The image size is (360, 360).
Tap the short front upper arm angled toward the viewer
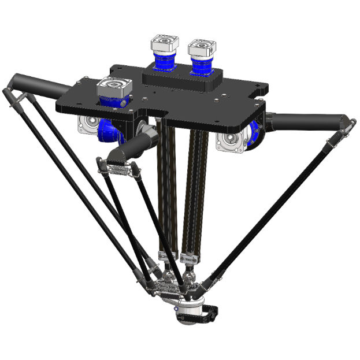(x=130, y=148)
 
